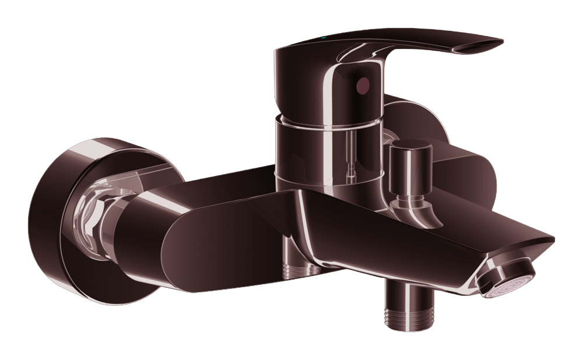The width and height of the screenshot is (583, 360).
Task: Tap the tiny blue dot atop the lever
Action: (x=325, y=40)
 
